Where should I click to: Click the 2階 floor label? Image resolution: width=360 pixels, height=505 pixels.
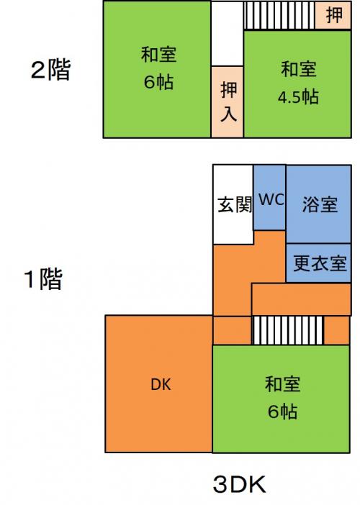pos(50,70)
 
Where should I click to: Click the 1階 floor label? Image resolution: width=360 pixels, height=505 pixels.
pos(43,279)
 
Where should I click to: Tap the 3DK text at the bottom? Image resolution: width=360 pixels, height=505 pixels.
pos(240,485)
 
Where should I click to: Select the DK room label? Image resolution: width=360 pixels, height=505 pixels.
pos(161,384)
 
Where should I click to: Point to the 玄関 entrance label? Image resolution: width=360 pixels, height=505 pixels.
pos(235,204)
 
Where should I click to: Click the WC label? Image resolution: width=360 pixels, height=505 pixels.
pos(271,199)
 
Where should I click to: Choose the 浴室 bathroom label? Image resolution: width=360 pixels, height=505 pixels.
pos(320,204)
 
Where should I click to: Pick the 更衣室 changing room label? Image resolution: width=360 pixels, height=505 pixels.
pos(320,263)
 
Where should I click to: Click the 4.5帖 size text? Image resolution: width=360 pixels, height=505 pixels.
pos(299,96)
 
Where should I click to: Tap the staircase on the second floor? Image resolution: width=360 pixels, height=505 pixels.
pos(279,15)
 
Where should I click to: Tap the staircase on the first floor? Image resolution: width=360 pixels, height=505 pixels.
pos(288,330)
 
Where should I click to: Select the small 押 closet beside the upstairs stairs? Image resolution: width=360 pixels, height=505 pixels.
pos(333,15)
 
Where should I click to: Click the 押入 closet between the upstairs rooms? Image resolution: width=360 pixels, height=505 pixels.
pos(228,101)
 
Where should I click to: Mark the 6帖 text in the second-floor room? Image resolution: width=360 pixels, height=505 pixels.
pos(158,82)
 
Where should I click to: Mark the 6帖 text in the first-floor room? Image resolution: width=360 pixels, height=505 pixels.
pos(283,411)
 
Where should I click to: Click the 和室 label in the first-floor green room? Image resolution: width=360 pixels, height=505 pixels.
pos(283,384)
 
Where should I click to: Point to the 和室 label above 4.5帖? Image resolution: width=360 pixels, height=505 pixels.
pos(299,69)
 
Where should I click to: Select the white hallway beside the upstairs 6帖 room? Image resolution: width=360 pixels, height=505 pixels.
pos(228,34)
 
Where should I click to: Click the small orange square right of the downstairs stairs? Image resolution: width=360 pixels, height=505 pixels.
pos(336,330)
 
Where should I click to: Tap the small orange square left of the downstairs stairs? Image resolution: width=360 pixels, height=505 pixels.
pos(232,330)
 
